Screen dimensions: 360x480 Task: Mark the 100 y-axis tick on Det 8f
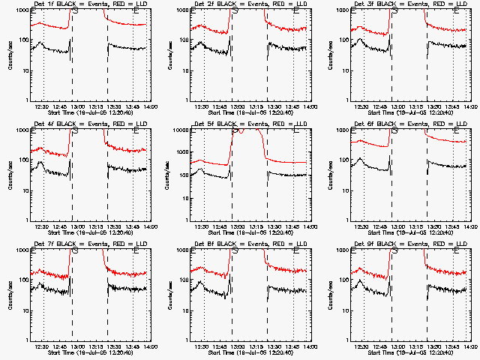pyautogui.click(x=182, y=280)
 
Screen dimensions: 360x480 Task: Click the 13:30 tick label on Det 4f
pyautogui.click(x=115, y=226)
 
